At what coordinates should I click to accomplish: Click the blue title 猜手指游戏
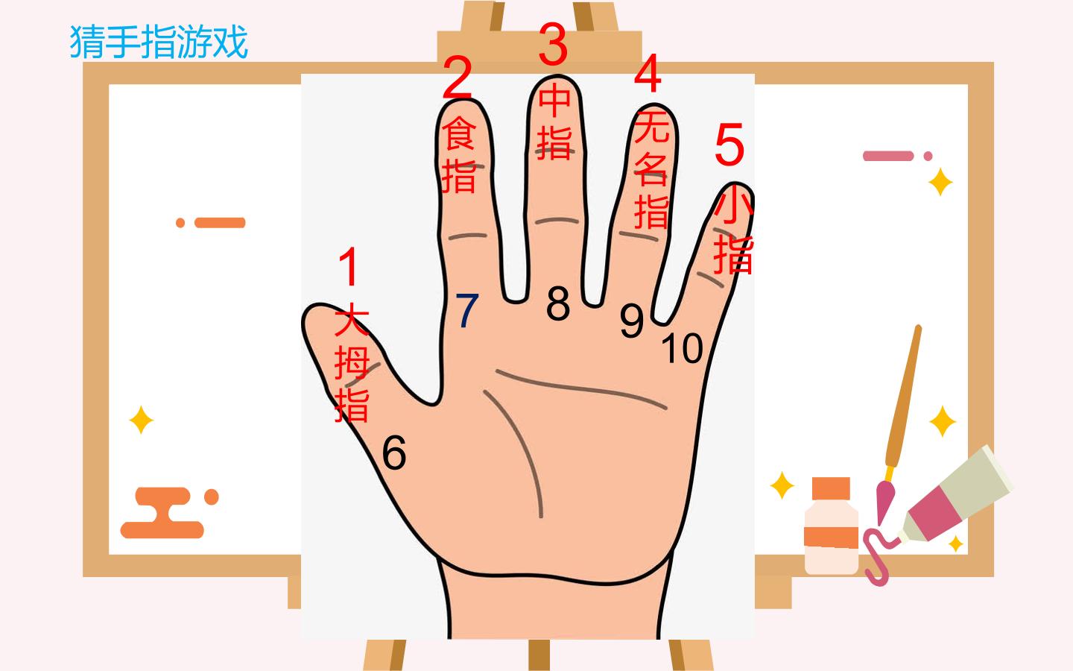tap(159, 42)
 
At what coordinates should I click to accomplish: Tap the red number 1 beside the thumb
tap(349, 266)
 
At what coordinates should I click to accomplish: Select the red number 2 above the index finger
tap(457, 78)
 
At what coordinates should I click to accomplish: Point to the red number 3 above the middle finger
tap(553, 43)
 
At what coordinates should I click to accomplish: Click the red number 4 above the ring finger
tap(648, 73)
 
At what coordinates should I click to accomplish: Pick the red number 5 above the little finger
tap(729, 145)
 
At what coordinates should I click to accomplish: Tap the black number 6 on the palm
tap(394, 452)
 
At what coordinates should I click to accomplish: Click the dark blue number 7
tap(466, 311)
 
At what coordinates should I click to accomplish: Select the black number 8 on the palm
tap(558, 303)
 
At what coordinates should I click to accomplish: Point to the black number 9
tap(631, 321)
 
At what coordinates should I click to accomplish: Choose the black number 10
tap(682, 348)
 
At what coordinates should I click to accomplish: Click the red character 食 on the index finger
tap(458, 133)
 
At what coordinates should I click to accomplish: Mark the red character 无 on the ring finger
tap(651, 125)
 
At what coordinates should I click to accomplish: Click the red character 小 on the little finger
tap(733, 205)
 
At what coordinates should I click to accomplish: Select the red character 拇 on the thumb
tap(352, 363)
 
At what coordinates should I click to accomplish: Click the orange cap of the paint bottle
tap(831, 488)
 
